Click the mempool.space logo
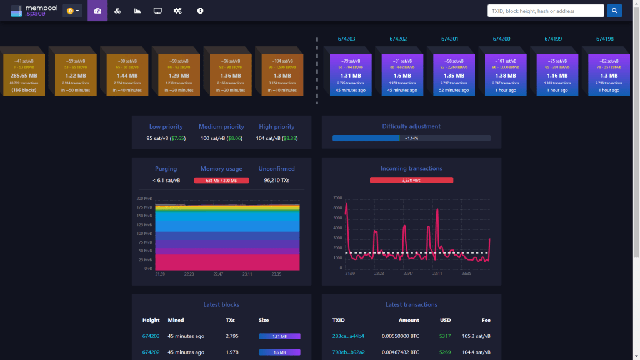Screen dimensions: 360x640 pyautogui.click(x=32, y=11)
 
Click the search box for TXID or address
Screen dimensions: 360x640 pyautogui.click(x=546, y=11)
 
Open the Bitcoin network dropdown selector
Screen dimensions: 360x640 pyautogui.click(x=72, y=11)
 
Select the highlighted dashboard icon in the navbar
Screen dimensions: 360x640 pyautogui.click(x=97, y=11)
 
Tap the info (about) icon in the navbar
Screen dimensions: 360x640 pyautogui.click(x=200, y=11)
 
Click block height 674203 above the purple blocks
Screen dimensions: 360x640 pyautogui.click(x=346, y=39)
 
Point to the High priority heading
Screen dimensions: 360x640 pyautogui.click(x=276, y=126)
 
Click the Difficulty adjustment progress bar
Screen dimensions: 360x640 pyautogui.click(x=411, y=137)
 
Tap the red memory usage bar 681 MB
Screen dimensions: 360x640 pyautogui.click(x=222, y=181)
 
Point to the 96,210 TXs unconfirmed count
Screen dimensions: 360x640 pyautogui.click(x=276, y=181)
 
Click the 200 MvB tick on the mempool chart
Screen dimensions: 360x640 pyautogui.click(x=144, y=198)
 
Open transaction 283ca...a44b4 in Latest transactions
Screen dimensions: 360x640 pyautogui.click(x=348, y=336)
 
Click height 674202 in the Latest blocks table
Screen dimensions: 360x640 pyautogui.click(x=151, y=352)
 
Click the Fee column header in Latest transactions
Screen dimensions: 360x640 pyautogui.click(x=486, y=320)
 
